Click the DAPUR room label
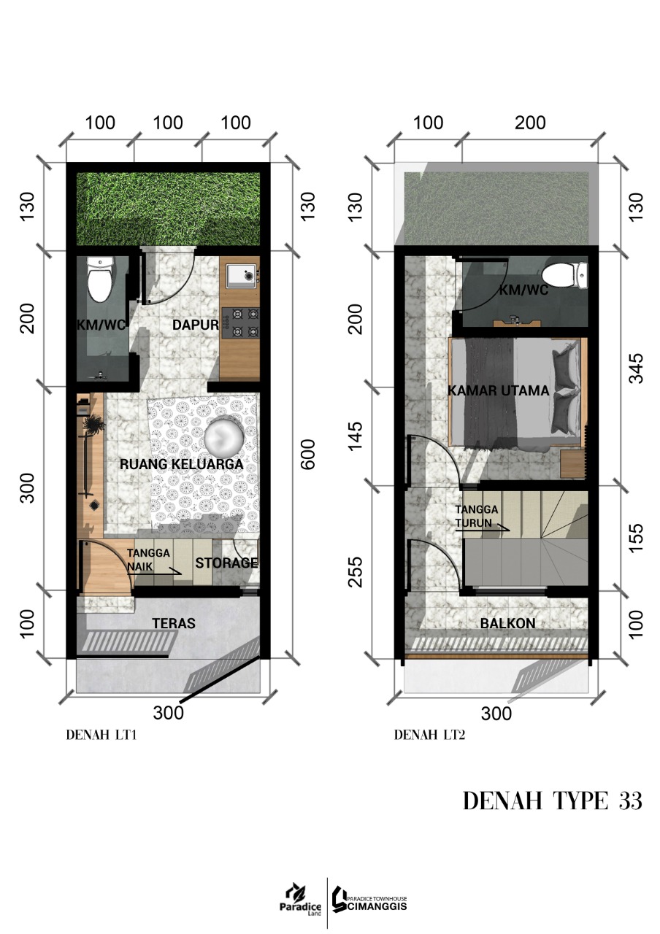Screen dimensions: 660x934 pos(195,325)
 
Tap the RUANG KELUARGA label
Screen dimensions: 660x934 pos(182,464)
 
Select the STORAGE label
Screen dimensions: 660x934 pos(226,563)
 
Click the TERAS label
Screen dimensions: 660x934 pos(174,623)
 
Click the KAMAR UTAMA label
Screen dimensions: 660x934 pos(498,390)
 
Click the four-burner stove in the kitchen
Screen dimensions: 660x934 pos(241,323)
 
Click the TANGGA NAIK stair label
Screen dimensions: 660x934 pos(148,560)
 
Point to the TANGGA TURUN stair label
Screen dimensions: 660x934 pos(476,516)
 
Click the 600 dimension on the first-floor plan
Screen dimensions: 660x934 pos(308,454)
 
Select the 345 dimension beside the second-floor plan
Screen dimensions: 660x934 pos(636,368)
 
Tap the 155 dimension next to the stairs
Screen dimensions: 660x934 pos(636,538)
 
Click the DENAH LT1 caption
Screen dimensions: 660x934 pos(101,735)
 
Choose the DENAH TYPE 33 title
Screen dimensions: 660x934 pos(553,800)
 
